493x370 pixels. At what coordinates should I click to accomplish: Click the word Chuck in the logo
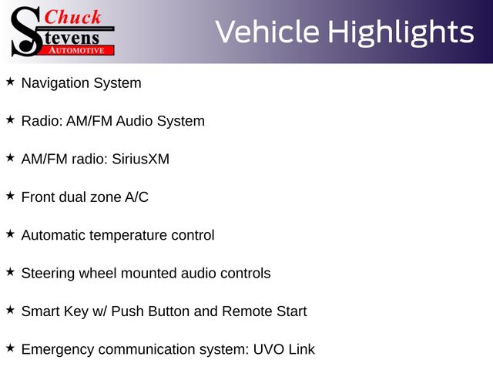click(72, 17)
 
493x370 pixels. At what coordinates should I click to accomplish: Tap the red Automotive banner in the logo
click(77, 50)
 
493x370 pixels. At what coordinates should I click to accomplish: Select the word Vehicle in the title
click(267, 32)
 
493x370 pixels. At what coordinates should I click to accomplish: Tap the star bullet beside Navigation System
click(10, 82)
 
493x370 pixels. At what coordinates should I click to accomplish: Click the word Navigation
click(55, 83)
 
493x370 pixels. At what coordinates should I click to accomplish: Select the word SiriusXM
click(140, 159)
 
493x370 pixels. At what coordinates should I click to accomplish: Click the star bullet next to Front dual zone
click(10, 196)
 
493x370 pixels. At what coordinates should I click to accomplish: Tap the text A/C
click(137, 197)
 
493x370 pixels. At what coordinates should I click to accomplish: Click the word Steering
click(48, 274)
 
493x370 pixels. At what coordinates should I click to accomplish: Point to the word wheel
click(98, 273)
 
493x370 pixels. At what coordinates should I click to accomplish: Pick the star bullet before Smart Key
click(10, 310)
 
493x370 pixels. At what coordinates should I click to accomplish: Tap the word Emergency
click(58, 350)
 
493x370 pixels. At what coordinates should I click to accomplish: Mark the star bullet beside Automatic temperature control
click(10, 234)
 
